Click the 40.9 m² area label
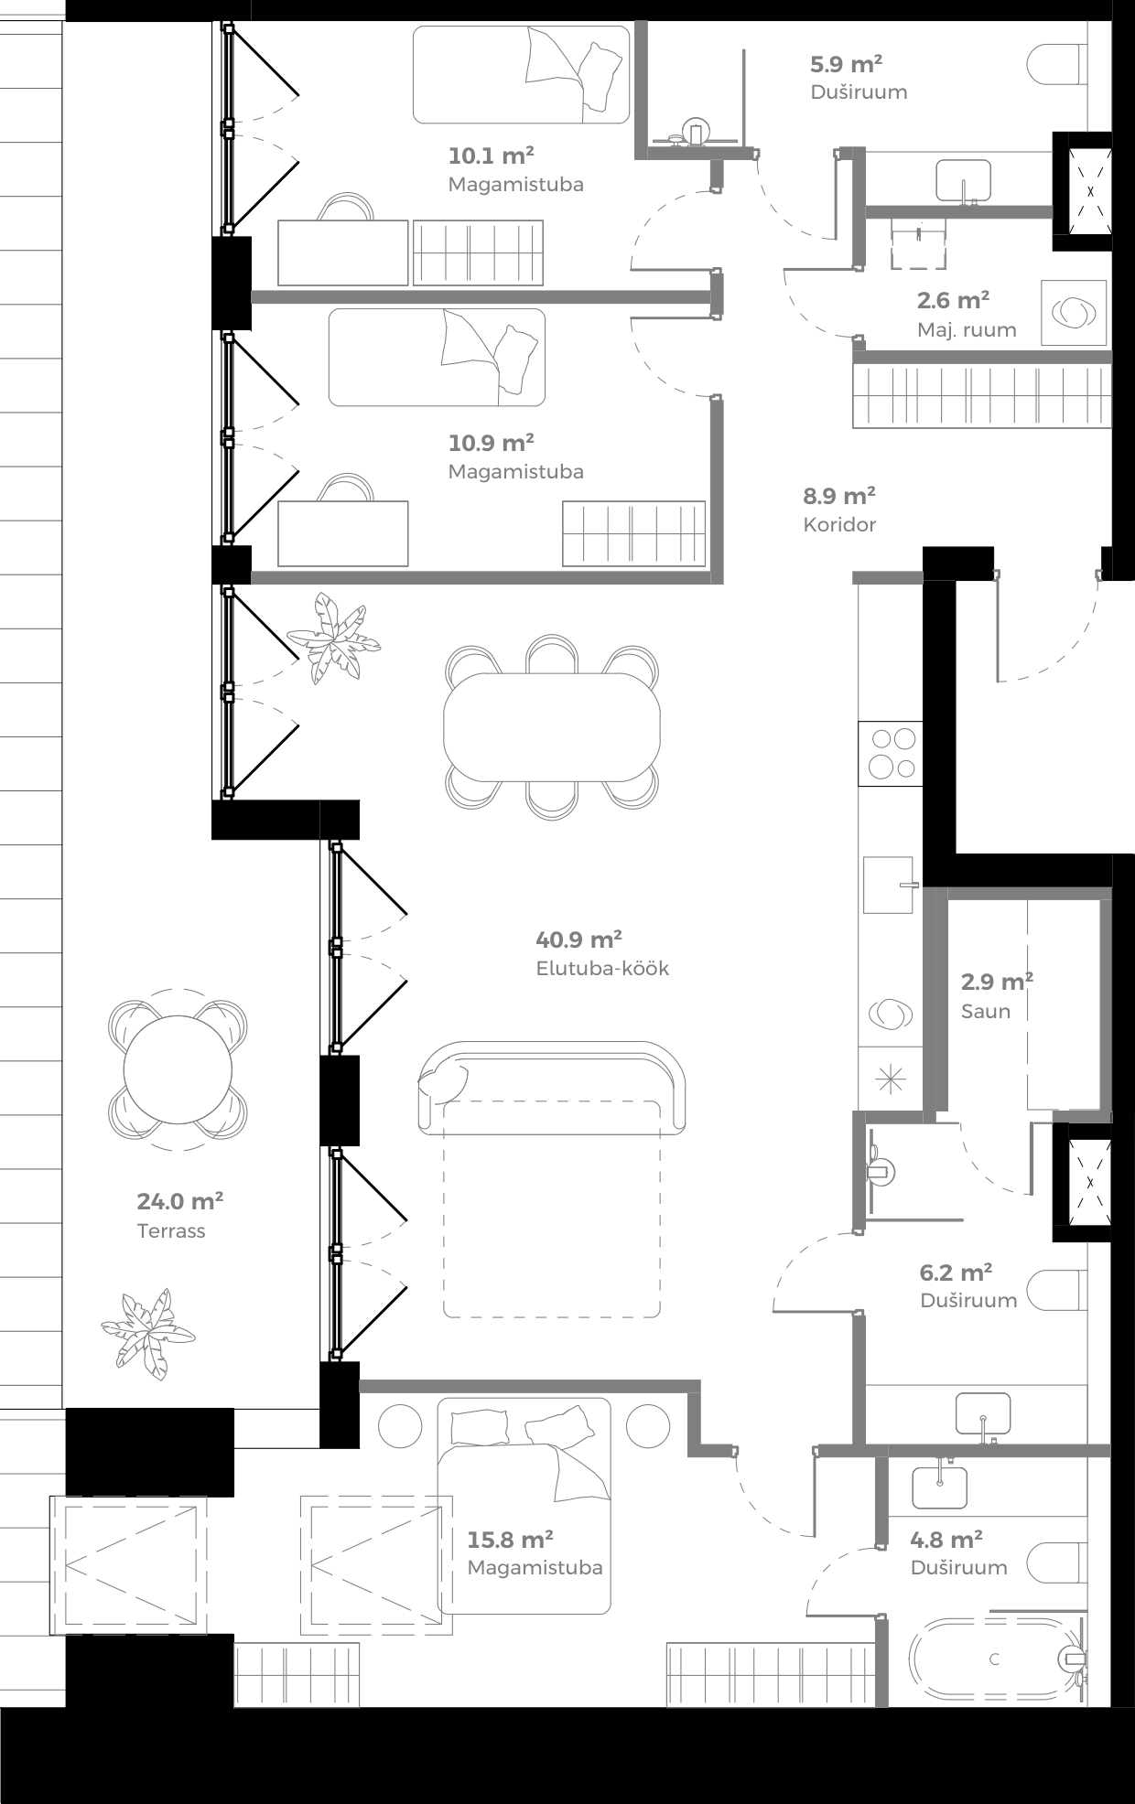point(578,940)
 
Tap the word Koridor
point(839,525)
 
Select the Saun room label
point(985,1012)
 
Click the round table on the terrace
point(178,1069)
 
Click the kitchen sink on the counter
point(889,885)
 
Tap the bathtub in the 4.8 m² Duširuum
point(994,1659)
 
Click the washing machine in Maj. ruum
point(1074,313)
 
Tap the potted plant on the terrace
point(148,1332)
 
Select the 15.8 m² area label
point(510,1540)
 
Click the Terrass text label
point(171,1231)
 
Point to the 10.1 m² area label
point(491,155)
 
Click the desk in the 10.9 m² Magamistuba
point(342,533)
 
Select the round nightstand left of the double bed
point(400,1425)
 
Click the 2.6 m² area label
point(952,300)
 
